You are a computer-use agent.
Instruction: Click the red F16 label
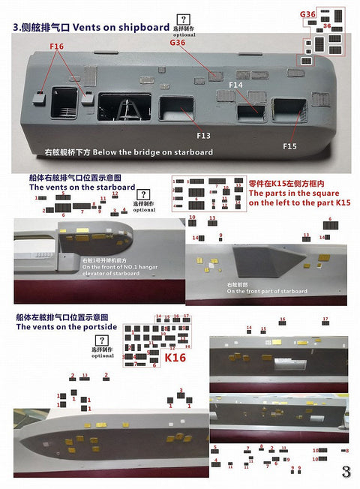[x=57, y=46]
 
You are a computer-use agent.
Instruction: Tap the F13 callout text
[x=203, y=136]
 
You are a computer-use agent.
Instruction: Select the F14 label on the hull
[x=235, y=86]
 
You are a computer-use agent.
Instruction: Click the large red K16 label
[x=175, y=358]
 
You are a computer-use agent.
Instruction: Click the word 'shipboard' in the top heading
[x=143, y=27]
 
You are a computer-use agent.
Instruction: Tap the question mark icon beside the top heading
[x=181, y=19]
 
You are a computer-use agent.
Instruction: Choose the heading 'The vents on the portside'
[x=67, y=327]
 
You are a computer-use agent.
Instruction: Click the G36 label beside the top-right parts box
[x=307, y=14]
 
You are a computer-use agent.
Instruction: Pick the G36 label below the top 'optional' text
[x=178, y=43]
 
